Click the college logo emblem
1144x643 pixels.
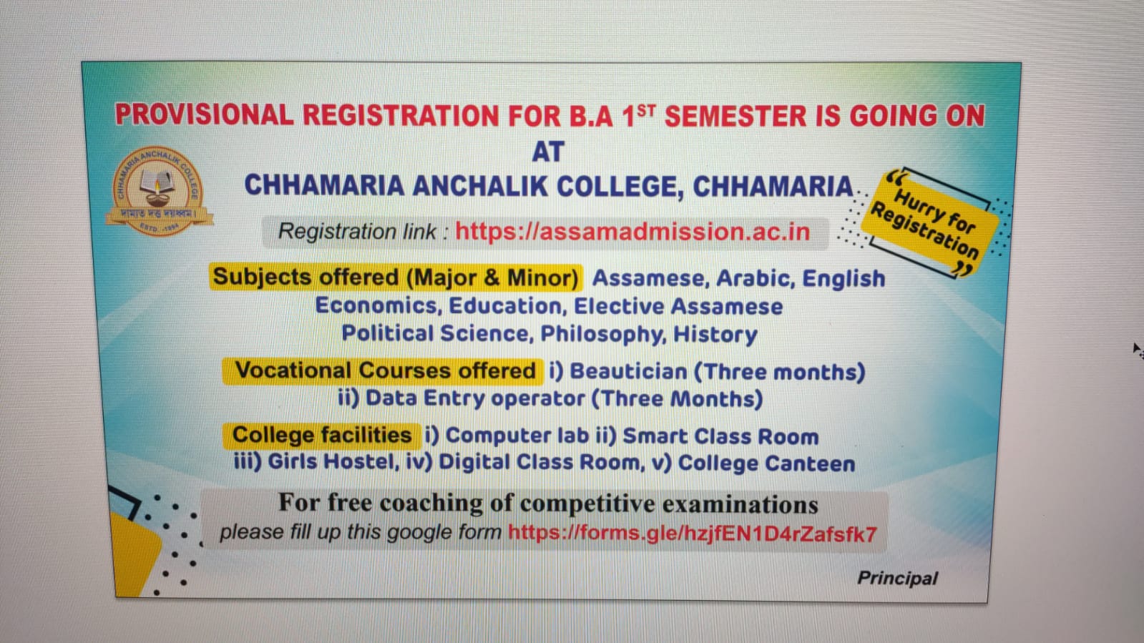point(158,191)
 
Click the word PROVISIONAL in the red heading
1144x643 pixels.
point(204,115)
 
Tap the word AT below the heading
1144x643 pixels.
point(548,152)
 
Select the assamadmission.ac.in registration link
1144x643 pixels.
point(632,232)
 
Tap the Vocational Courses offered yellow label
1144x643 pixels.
point(385,370)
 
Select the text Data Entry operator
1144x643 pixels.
point(475,398)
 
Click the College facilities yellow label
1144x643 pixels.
point(322,435)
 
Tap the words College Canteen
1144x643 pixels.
point(766,463)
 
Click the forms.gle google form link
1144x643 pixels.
point(692,534)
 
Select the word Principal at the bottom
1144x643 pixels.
point(897,578)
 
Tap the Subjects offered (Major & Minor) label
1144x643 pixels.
point(395,277)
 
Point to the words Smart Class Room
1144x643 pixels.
point(720,436)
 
